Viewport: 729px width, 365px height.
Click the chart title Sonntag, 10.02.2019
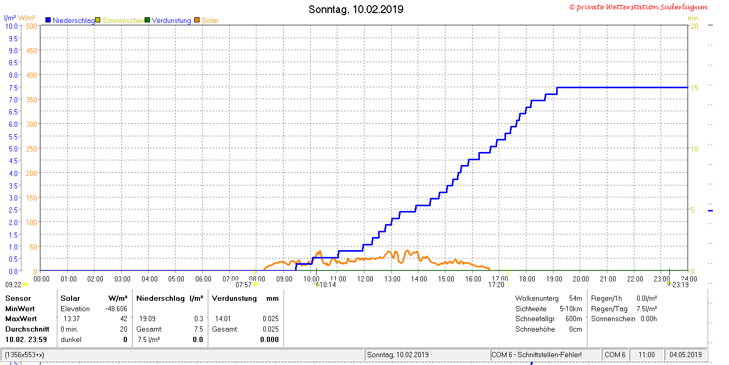pyautogui.click(x=356, y=9)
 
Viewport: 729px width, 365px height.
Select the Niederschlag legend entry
pyautogui.click(x=70, y=20)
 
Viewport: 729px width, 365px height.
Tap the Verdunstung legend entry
pyautogui.click(x=168, y=20)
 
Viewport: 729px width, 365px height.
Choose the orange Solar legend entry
pyautogui.click(x=206, y=20)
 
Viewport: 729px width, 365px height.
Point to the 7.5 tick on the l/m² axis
pyautogui.click(x=14, y=88)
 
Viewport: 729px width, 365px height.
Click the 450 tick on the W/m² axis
pyautogui.click(x=31, y=51)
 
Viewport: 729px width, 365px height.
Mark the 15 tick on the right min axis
pyautogui.click(x=694, y=88)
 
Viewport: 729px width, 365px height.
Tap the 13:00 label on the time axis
pyautogui.click(x=392, y=279)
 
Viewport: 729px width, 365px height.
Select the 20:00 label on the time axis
pyautogui.click(x=581, y=279)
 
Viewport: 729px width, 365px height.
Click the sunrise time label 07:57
pyautogui.click(x=243, y=285)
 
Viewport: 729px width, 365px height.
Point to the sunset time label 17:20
pyautogui.click(x=496, y=285)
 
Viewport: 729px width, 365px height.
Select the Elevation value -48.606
pyautogui.click(x=116, y=309)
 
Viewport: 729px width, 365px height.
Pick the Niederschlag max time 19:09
pyautogui.click(x=147, y=319)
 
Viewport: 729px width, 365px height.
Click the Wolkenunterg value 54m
pyautogui.click(x=575, y=298)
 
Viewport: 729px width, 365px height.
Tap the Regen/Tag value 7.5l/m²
pyautogui.click(x=646, y=309)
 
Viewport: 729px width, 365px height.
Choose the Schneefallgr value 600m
pyautogui.click(x=574, y=319)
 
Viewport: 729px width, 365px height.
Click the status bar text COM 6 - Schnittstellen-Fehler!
pyautogui.click(x=536, y=355)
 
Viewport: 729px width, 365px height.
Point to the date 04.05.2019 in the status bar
pyautogui.click(x=685, y=355)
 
